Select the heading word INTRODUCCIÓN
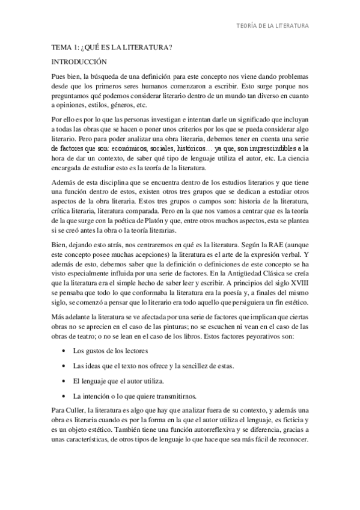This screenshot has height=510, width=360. pos(79,61)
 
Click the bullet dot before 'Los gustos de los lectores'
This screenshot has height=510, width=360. pos(64,350)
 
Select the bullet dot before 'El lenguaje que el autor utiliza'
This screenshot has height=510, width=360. pos(64,381)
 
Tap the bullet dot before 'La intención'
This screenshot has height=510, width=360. pos(64,396)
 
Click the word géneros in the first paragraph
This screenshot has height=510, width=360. pos(121,105)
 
